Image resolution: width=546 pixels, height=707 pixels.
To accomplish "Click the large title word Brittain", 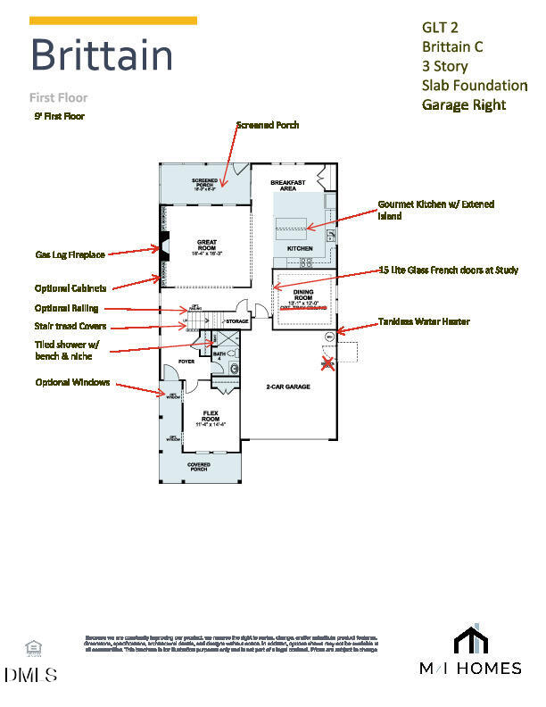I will (102, 55).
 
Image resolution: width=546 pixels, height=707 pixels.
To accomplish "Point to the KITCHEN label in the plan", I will (300, 247).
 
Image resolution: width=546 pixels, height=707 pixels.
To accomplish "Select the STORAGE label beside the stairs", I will (236, 320).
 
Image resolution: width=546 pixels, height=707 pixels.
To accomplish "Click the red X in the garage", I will (327, 362).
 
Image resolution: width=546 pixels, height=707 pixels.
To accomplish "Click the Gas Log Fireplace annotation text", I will (70, 254).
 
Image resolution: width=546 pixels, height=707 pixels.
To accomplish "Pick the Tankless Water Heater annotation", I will (424, 321).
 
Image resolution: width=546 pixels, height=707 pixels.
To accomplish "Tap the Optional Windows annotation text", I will (73, 382).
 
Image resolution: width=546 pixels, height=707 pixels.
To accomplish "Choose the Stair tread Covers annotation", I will (70, 327).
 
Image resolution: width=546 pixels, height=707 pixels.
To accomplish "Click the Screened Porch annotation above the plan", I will (268, 125).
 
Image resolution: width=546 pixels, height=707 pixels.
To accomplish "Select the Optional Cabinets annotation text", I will (70, 288).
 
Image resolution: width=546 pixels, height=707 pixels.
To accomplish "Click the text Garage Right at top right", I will (463, 104).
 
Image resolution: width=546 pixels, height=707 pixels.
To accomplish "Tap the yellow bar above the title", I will (113, 20).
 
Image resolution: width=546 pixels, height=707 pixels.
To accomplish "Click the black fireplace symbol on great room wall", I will (164, 244).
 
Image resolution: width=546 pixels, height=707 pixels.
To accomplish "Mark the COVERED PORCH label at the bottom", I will (198, 468).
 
